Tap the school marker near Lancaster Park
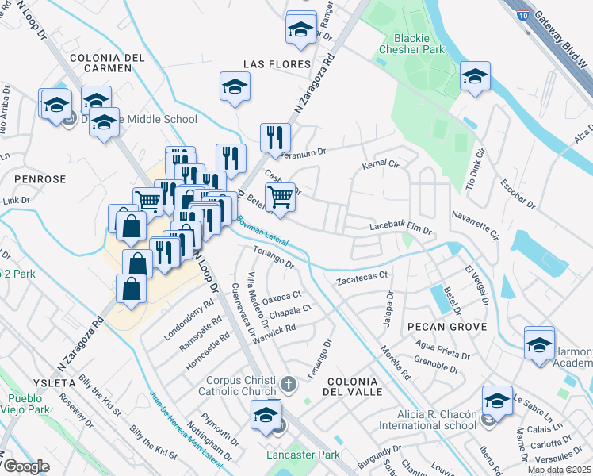pos(266,413)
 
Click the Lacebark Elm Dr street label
pos(400,228)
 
